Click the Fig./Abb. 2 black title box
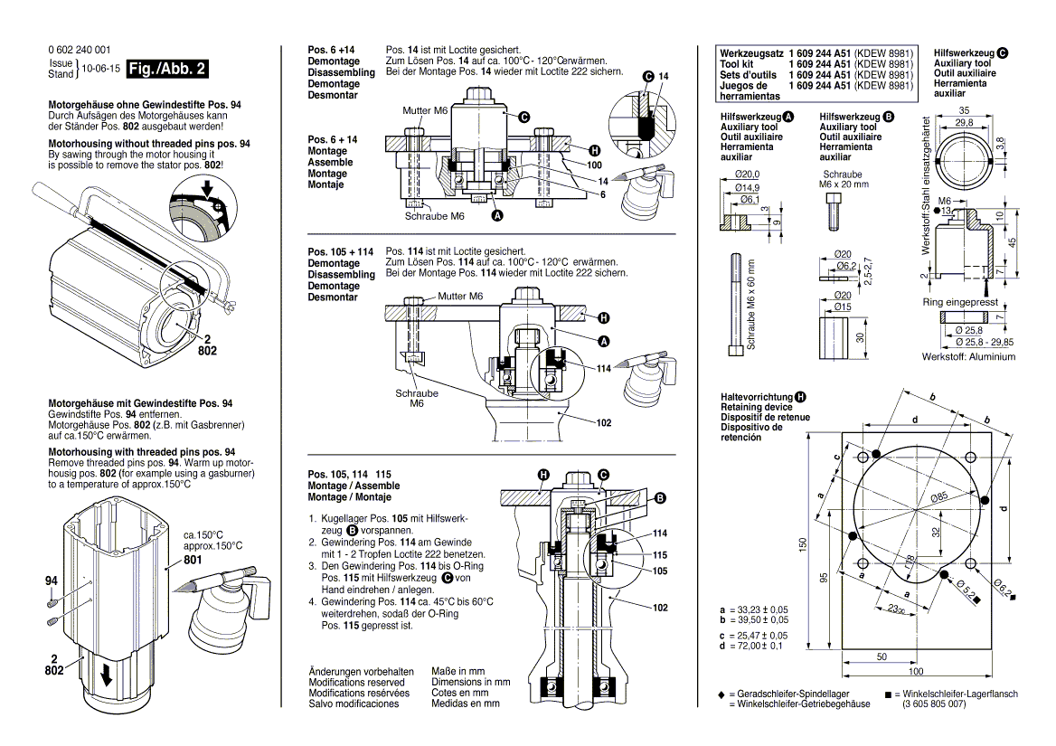[x=168, y=69]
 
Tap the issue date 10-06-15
[x=100, y=69]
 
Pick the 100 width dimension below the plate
[x=916, y=672]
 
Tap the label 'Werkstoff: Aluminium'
[x=968, y=357]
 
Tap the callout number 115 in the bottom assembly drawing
[x=660, y=553]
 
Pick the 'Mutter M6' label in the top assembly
[x=425, y=110]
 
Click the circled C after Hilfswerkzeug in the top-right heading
[x=1003, y=52]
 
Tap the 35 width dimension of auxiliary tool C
[x=963, y=110]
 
